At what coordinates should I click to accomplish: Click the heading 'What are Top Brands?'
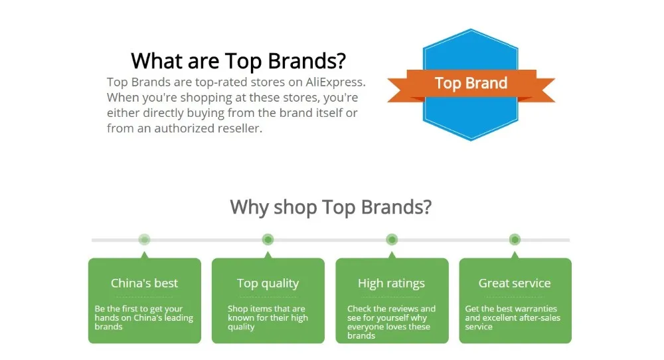coord(238,61)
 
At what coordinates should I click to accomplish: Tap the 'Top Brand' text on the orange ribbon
coord(471,83)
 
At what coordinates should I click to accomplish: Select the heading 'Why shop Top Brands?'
coord(331,207)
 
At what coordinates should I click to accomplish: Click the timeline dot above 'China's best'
coord(144,240)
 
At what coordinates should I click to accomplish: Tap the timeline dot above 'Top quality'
coord(268,240)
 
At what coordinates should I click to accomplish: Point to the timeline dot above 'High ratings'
coord(392,240)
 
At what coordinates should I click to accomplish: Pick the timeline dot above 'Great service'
coord(515,240)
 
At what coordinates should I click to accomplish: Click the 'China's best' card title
coord(144,283)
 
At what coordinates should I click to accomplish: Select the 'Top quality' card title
coord(268,284)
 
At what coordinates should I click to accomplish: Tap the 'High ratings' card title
coord(391,284)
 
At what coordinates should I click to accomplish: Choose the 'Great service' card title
coord(515,283)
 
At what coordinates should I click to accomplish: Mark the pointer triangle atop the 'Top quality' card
coord(268,255)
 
